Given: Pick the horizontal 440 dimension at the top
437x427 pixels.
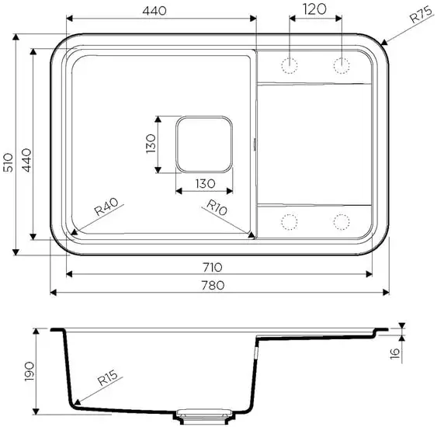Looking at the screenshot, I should pyautogui.click(x=161, y=9).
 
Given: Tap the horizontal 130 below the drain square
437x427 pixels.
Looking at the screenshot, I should pyautogui.click(x=203, y=183).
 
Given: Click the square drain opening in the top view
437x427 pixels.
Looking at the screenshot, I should pyautogui.click(x=204, y=144).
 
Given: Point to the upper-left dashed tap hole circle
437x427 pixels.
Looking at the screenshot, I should pyautogui.click(x=291, y=64).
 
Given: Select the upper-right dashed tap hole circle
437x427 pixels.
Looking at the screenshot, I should pyautogui.click(x=341, y=64).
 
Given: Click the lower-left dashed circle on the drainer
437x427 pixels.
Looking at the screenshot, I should pyautogui.click(x=291, y=222).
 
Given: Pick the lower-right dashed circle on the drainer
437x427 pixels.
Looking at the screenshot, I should pyautogui.click(x=341, y=222).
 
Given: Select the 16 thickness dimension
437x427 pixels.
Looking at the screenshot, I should pyautogui.click(x=394, y=353).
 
